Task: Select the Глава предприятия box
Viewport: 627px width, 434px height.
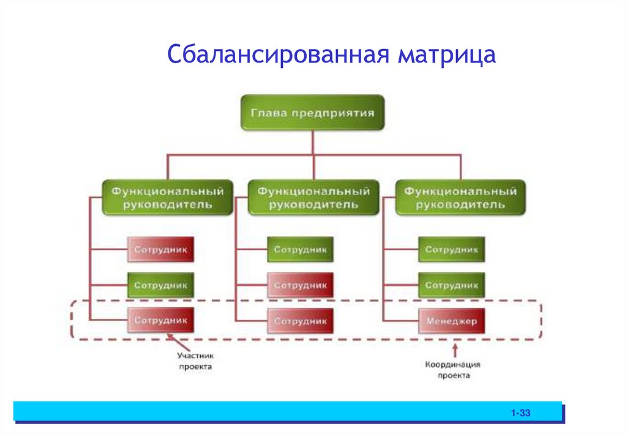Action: coord(312,113)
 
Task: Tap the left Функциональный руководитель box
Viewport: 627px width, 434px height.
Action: coord(167,197)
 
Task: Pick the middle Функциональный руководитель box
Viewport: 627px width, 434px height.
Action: coord(313,197)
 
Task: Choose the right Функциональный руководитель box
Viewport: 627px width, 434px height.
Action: coord(460,197)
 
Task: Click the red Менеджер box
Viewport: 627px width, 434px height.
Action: coord(451,321)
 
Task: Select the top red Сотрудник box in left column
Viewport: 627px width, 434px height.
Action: coord(160,250)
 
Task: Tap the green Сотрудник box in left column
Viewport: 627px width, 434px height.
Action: coord(160,285)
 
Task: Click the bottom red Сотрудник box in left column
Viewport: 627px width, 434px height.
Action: coord(160,321)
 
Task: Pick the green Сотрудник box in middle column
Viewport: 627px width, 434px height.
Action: coord(300,250)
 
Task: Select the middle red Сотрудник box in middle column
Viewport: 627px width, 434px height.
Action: coord(300,285)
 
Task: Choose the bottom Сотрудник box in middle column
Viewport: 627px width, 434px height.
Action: coord(300,321)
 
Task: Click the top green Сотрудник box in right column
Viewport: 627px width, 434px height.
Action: coord(451,250)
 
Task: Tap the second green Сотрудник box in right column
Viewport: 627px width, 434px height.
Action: coord(451,285)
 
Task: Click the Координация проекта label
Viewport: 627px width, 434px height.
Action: coord(453,370)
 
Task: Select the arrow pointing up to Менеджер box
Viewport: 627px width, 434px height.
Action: coord(454,349)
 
